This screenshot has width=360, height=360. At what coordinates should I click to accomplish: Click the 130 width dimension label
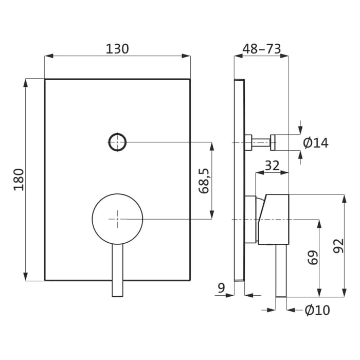[117, 49]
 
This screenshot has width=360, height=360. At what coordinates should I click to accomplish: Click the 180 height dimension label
[19, 179]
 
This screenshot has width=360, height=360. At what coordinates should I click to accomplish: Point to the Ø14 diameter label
[315, 143]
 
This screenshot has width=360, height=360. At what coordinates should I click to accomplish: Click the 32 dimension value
[272, 165]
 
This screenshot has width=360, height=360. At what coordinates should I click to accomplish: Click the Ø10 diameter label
[317, 310]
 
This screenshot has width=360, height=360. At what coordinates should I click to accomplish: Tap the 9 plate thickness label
[221, 288]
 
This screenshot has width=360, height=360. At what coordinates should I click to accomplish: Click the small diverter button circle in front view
[117, 141]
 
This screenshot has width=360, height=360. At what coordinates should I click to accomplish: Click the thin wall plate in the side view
[239, 180]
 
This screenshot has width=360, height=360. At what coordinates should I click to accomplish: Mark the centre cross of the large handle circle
[117, 219]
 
